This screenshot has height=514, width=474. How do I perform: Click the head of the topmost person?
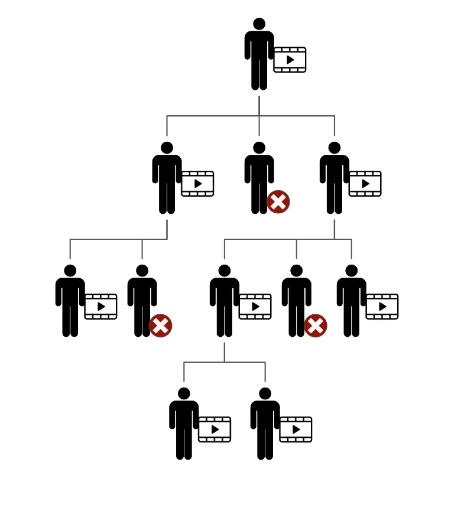point(259,24)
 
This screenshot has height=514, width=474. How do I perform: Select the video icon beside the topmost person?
point(290,60)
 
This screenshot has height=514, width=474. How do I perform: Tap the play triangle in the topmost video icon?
point(290,60)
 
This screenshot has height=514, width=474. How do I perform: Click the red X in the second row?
point(278,201)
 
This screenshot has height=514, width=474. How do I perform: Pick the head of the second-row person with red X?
point(259,148)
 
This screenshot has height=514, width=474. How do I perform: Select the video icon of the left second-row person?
point(197,184)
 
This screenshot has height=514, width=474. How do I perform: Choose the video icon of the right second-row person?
point(365,184)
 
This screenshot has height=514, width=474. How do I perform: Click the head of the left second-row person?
point(167,148)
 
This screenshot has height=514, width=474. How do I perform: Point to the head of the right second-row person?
point(335,148)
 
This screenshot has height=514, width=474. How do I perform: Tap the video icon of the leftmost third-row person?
point(100,307)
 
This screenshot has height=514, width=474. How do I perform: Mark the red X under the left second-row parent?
point(160,326)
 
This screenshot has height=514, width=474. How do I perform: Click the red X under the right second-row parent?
point(316,326)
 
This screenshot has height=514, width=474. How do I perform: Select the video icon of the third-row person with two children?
point(255,307)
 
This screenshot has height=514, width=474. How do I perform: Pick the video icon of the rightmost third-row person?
point(382,307)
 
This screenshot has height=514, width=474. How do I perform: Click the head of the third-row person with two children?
point(225,271)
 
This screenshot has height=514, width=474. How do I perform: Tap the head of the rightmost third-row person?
point(352,271)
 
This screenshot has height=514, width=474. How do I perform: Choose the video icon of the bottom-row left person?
point(215,430)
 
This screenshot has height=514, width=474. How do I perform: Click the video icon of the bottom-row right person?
point(296,430)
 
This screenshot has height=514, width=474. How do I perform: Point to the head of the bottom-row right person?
point(265,393)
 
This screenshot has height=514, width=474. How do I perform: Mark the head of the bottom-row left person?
point(184,393)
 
